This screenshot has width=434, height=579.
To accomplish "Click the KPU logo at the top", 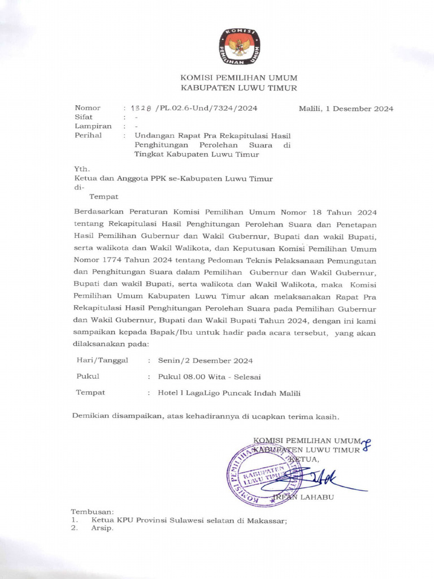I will click(239, 46).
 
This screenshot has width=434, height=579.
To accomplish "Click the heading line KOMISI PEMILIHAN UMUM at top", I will click(238, 77).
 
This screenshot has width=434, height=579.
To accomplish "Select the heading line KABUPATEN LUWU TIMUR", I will click(238, 88).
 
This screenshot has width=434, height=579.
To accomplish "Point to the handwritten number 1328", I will click(141, 109).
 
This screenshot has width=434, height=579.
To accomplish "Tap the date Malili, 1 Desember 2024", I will click(346, 109).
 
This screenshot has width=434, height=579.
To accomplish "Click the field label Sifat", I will click(84, 118).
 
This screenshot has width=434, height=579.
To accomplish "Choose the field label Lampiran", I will click(93, 127).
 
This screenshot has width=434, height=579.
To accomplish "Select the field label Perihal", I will click(88, 136).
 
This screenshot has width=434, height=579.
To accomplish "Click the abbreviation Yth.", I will click(82, 169).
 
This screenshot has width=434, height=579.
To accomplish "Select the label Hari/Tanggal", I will click(102, 360).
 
